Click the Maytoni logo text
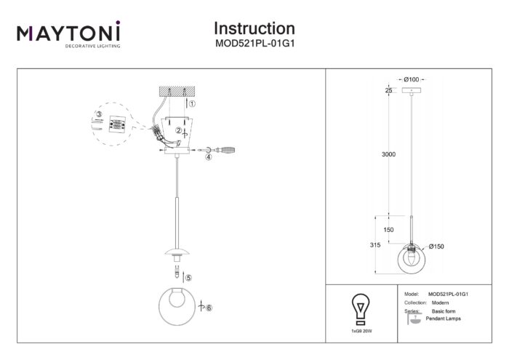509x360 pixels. [69, 33]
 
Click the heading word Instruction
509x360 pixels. [254, 28]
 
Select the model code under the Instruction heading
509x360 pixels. [254, 43]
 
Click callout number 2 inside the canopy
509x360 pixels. [177, 131]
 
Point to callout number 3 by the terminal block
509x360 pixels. [98, 113]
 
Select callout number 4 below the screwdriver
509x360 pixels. [208, 156]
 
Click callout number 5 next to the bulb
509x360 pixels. [188, 277]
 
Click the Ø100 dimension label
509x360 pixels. [411, 78]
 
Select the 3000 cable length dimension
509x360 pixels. [389, 155]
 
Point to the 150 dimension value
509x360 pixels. [389, 229]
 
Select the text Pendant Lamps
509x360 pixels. [443, 319]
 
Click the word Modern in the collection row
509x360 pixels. [439, 302]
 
